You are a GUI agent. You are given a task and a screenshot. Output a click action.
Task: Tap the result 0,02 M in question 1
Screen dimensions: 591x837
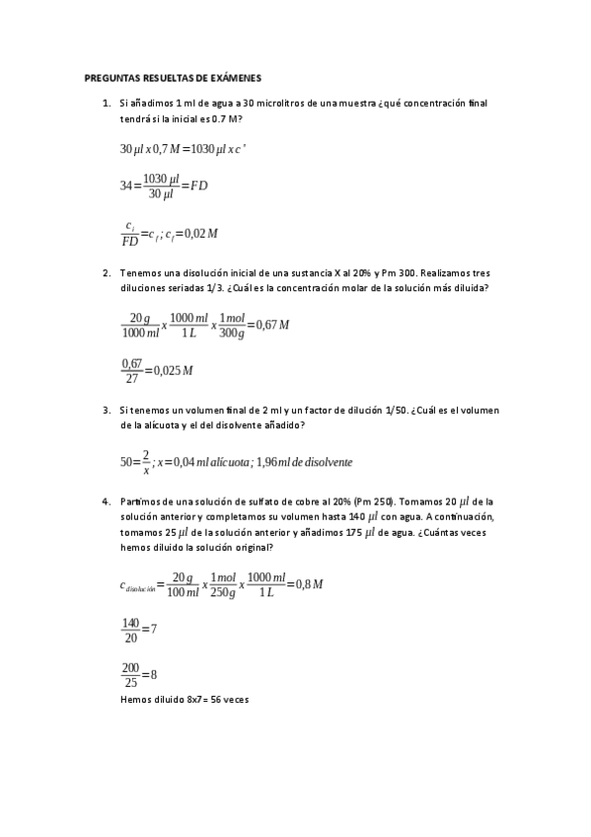[199, 233]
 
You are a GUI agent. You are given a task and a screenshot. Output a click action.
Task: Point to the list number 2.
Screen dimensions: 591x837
[106, 273]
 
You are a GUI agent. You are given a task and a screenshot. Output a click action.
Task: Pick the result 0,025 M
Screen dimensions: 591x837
[174, 370]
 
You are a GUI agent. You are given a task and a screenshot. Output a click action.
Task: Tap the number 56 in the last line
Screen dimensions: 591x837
[215, 699]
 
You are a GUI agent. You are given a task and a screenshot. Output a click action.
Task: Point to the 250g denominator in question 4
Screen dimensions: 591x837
[222, 591]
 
